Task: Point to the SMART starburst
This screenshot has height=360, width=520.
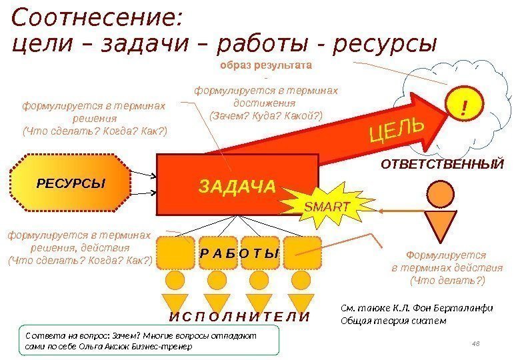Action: tap(326, 207)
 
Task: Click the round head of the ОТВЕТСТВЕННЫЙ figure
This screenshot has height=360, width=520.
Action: tap(441, 194)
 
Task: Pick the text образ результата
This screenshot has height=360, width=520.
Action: tap(266, 67)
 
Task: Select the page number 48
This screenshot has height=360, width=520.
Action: tap(476, 343)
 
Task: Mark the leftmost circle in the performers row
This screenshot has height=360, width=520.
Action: tap(175, 278)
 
